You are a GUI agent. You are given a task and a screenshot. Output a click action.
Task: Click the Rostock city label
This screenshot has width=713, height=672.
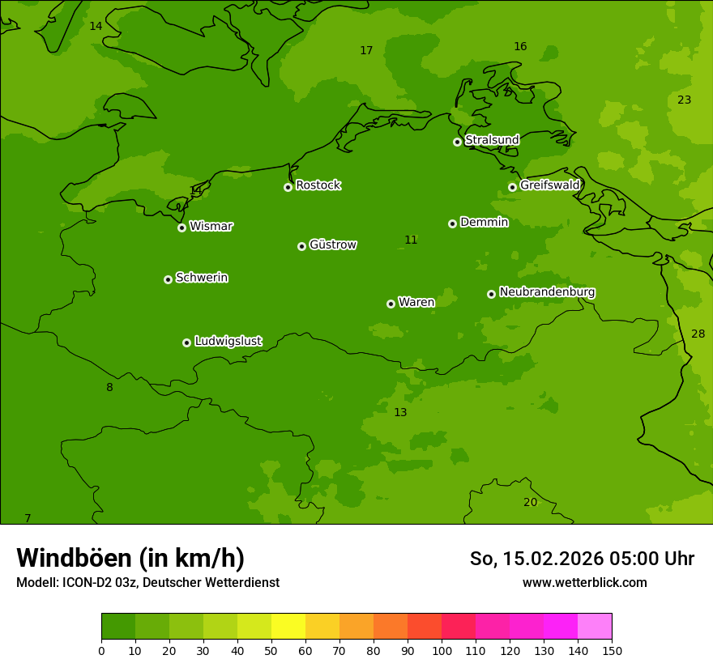(x=318, y=185)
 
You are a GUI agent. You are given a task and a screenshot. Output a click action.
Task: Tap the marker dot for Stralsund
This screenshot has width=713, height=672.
(x=457, y=142)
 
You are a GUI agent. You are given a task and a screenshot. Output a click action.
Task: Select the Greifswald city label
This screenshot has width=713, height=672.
(x=549, y=185)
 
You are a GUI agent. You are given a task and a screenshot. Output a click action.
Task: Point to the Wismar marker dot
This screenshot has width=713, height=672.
(x=182, y=228)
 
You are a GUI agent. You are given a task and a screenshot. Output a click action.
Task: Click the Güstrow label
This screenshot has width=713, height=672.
(x=332, y=245)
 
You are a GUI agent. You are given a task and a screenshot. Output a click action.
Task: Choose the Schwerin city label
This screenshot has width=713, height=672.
(x=201, y=278)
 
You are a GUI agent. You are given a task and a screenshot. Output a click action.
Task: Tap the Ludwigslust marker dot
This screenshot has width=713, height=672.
(x=186, y=342)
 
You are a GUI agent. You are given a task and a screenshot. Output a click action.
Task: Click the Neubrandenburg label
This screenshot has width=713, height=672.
(x=547, y=292)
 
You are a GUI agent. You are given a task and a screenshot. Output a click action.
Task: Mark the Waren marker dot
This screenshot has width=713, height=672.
(x=391, y=304)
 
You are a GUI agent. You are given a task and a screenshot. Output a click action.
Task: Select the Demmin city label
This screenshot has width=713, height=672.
(x=484, y=222)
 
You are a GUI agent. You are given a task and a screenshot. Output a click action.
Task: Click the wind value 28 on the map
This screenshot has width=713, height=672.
(x=698, y=334)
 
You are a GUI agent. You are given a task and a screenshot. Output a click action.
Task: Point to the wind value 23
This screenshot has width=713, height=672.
(x=684, y=100)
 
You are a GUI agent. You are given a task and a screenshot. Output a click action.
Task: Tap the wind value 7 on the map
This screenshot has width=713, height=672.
(x=28, y=518)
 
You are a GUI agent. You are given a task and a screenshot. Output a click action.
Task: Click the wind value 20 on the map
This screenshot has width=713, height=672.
(x=530, y=502)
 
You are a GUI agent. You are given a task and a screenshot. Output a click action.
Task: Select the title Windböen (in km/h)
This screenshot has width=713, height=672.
(x=130, y=558)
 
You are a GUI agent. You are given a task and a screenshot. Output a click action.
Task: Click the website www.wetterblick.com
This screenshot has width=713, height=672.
(x=584, y=582)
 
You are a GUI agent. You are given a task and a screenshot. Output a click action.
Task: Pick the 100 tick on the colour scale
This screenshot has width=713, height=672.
(x=442, y=650)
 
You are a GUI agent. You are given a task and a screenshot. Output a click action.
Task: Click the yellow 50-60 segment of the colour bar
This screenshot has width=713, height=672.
(x=288, y=627)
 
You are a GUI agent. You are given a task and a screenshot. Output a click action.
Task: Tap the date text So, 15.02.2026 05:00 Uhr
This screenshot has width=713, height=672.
(x=582, y=559)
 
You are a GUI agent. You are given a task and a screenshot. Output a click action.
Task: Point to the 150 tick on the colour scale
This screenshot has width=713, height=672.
(x=612, y=650)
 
